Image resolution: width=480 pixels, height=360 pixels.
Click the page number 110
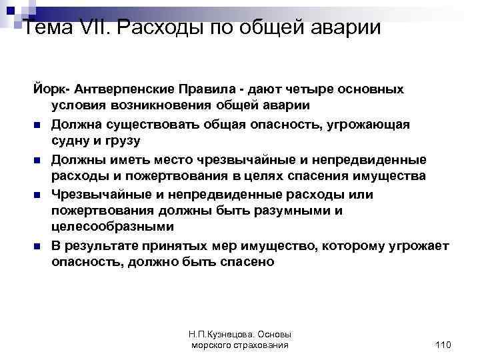(442, 344)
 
